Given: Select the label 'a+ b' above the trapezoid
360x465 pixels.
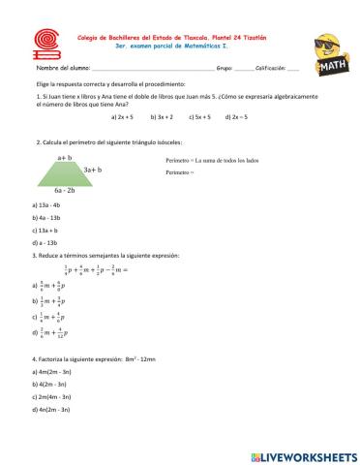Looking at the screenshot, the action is pyautogui.click(x=65, y=156).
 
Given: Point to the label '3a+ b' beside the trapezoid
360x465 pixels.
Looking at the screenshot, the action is pyautogui.click(x=93, y=170).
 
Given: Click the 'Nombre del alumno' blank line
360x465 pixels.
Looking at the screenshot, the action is pyautogui.click(x=145, y=71).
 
